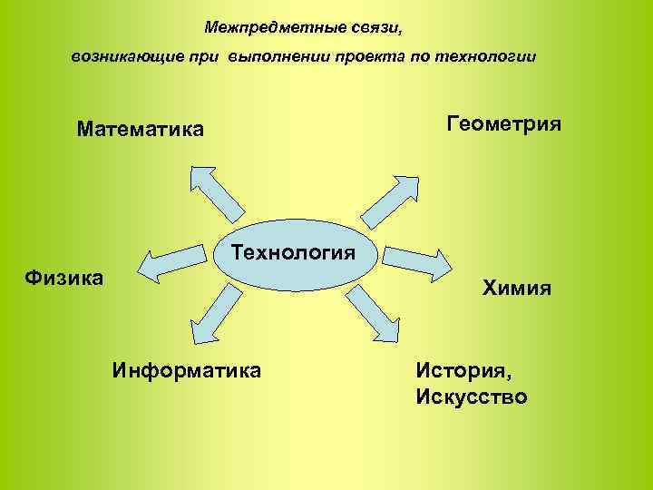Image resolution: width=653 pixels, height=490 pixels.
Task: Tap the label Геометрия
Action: coord(504,123)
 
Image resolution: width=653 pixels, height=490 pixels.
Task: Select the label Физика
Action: coord(64,276)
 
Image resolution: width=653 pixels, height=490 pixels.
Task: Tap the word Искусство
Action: coord(472,397)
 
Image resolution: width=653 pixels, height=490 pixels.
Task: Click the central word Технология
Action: coord(292,251)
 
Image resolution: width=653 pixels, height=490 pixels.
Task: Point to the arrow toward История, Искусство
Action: coord(371,313)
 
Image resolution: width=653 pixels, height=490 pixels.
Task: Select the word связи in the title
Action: coord(375,28)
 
